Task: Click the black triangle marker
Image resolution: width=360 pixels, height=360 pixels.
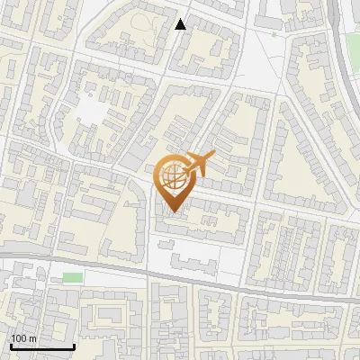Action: coord(181,24)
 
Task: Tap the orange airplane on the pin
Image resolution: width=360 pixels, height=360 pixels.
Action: coord(197,165)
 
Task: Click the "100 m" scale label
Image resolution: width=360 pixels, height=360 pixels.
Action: coord(23,338)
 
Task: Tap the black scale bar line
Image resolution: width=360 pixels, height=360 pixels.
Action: coord(41,346)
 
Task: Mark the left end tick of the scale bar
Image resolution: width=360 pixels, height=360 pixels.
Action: coord(10,345)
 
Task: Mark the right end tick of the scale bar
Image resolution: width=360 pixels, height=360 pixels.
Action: coord(74,345)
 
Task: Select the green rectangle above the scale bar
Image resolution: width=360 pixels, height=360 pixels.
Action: coord(72,277)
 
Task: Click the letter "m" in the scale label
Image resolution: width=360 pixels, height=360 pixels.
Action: coord(32,338)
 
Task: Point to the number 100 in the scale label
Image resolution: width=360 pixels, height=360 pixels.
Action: coord(19,338)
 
